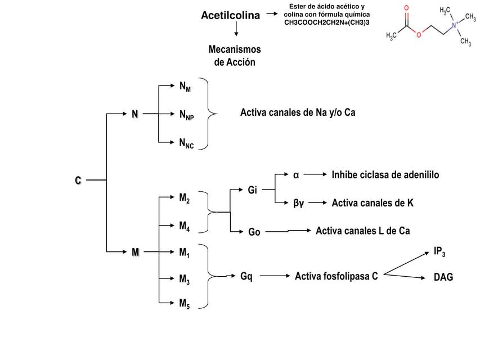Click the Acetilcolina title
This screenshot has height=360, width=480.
click(230, 16)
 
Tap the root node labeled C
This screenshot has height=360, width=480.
click(78, 181)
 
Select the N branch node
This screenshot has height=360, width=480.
click(134, 114)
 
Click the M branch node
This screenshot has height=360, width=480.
click(135, 253)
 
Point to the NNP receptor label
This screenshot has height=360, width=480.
click(186, 115)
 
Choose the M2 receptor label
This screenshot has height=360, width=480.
click(184, 198)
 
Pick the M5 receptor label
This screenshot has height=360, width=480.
click(184, 304)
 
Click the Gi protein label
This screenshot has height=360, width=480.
click(253, 190)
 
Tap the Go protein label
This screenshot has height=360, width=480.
click(254, 232)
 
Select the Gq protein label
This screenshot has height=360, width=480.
click(246, 276)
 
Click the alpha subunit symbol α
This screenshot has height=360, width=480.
click(296, 174)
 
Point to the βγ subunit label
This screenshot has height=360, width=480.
click(298, 202)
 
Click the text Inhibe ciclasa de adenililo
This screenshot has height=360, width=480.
click(385, 175)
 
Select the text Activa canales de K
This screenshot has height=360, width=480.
click(372, 202)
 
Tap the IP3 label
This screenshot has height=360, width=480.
click(439, 251)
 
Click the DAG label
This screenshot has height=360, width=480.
click(443, 277)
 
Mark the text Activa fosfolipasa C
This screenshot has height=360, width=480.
click(336, 276)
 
